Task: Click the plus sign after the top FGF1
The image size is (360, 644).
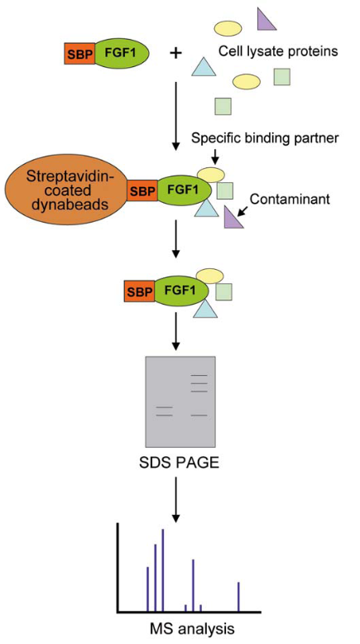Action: coord(175,54)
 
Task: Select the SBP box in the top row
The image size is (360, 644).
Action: coord(79,54)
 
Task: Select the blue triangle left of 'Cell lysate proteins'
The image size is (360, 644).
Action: coord(204,66)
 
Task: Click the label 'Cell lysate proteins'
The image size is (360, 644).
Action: coord(278,51)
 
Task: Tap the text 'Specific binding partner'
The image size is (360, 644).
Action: coord(265,138)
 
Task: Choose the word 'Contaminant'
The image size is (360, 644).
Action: coord(290,199)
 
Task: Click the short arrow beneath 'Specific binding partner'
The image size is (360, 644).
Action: coord(216,156)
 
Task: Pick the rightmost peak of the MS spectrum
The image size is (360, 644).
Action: coord(238,597)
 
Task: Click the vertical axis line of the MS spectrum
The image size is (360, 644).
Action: coord(118,568)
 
